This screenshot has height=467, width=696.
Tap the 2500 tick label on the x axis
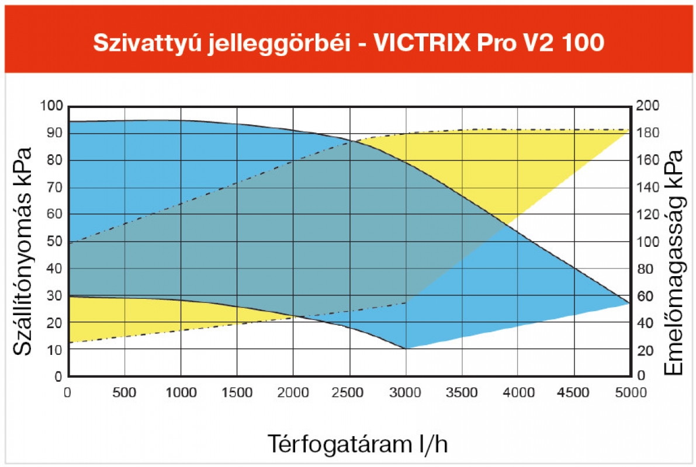(x=349, y=393)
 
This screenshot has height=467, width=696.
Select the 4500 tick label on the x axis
(x=574, y=393)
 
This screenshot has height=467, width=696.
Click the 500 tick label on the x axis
(x=125, y=393)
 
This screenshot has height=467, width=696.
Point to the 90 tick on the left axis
(x=54, y=133)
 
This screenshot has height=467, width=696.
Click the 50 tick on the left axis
(x=54, y=242)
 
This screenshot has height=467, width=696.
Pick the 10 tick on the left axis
(x=54, y=350)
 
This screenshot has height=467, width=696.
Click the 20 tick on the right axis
(x=645, y=350)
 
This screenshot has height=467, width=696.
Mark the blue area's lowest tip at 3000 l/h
(x=406, y=348)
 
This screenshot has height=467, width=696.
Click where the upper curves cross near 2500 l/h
(x=351, y=141)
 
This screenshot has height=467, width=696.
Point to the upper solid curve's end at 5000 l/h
(x=629, y=304)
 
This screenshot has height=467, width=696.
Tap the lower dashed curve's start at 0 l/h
(x=70, y=342)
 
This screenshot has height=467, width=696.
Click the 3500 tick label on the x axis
(x=462, y=393)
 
